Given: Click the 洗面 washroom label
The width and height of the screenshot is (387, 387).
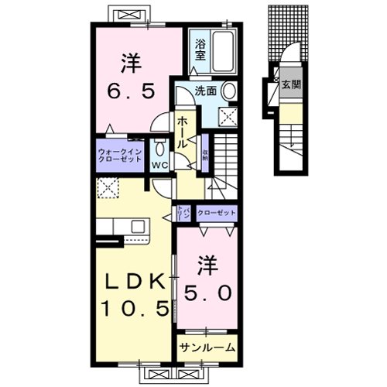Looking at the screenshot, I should click(x=204, y=91).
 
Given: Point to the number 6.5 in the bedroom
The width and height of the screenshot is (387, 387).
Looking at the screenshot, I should click(x=130, y=91).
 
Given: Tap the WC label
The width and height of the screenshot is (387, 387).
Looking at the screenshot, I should click(x=159, y=164).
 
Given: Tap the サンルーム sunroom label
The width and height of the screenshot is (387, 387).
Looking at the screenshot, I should click(x=207, y=348).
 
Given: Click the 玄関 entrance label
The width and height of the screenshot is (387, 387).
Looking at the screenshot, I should click(x=290, y=84).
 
